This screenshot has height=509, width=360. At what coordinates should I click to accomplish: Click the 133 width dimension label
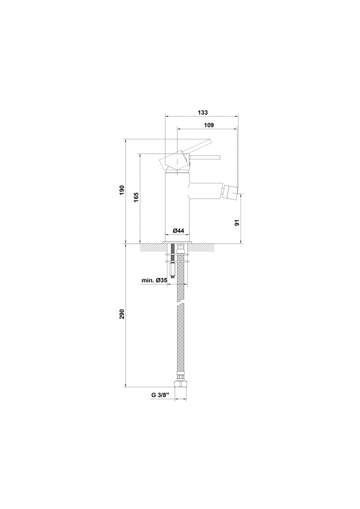202,113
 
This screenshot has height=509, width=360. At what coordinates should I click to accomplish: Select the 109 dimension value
209,125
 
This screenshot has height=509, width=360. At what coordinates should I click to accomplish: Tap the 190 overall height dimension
122,190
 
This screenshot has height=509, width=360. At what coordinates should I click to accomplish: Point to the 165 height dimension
136,197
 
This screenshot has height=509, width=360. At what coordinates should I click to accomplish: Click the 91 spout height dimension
237,222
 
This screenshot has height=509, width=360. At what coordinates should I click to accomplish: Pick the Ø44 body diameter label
178,230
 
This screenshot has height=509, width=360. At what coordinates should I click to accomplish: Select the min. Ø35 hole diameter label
154,280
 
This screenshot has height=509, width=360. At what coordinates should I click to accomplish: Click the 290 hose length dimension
122,314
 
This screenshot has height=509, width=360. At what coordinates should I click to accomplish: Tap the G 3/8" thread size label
161,395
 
